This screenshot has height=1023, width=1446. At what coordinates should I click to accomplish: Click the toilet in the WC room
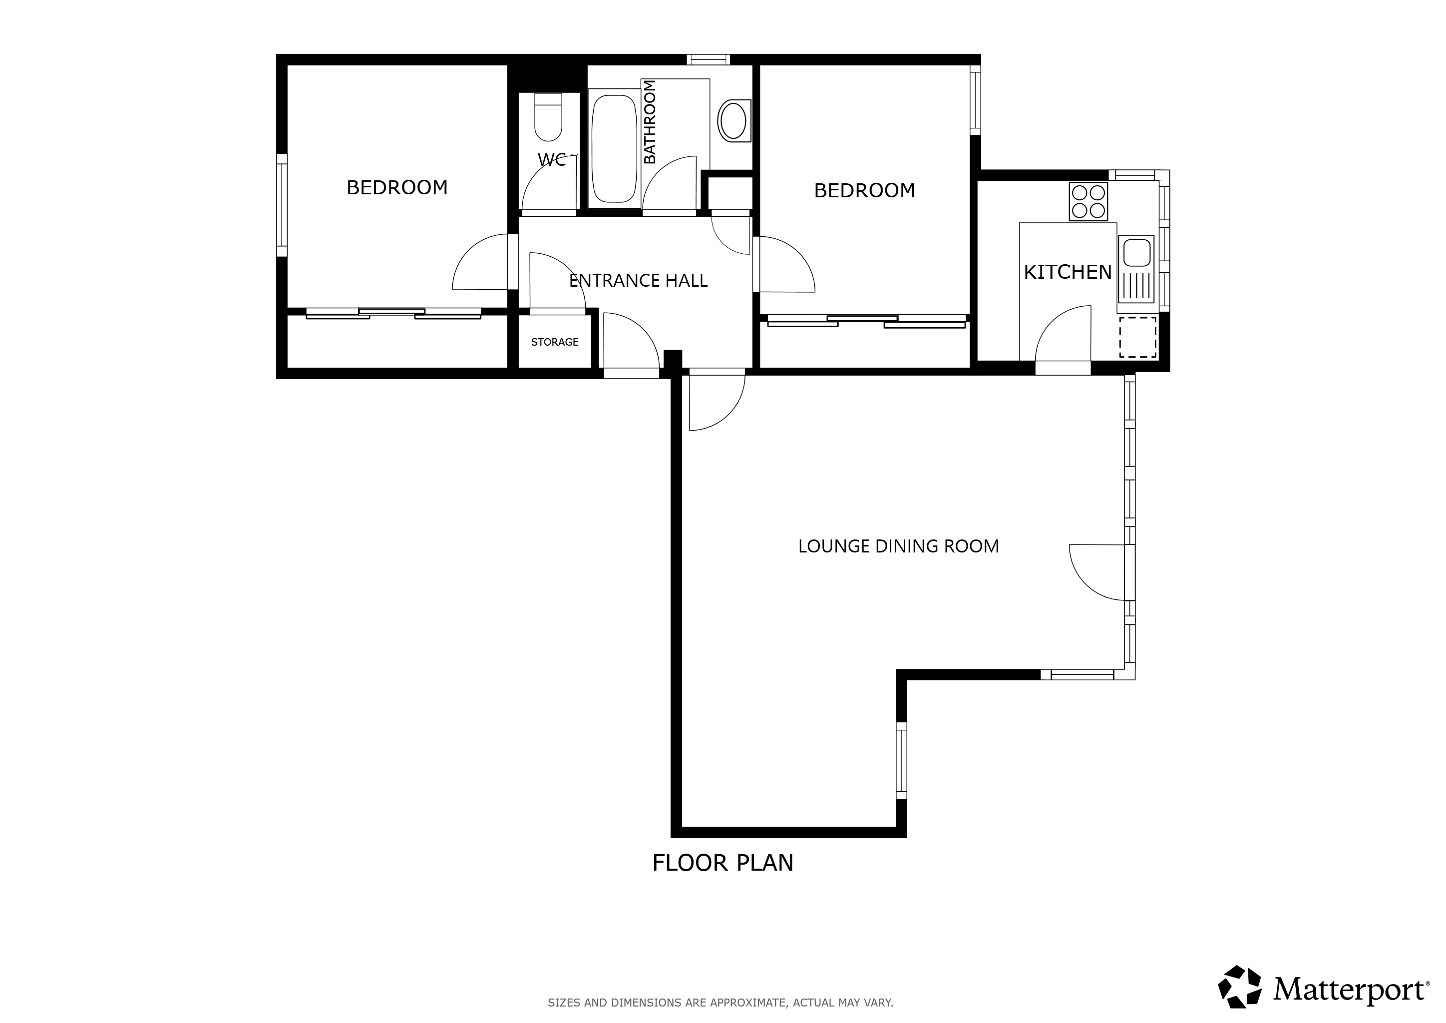pyautogui.click(x=548, y=117)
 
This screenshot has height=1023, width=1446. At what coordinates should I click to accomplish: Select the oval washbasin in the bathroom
pyautogui.click(x=733, y=120)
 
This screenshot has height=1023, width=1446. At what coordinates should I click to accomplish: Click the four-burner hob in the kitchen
pyautogui.click(x=1088, y=202)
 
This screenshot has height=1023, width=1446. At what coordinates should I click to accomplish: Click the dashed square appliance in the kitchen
pyautogui.click(x=1137, y=337)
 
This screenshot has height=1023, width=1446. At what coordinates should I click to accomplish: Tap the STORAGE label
pyautogui.click(x=555, y=342)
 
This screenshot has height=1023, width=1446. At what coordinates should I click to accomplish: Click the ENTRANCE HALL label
pyautogui.click(x=638, y=280)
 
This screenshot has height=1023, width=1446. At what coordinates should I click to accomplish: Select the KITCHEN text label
pyautogui.click(x=1068, y=272)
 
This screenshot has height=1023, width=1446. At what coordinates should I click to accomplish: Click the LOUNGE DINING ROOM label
pyautogui.click(x=899, y=546)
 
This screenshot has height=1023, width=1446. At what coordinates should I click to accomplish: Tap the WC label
pyautogui.click(x=552, y=159)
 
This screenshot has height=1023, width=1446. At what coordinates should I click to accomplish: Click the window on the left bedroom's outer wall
pyautogui.click(x=282, y=205)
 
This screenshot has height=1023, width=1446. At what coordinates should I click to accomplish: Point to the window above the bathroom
pyautogui.click(x=709, y=60)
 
